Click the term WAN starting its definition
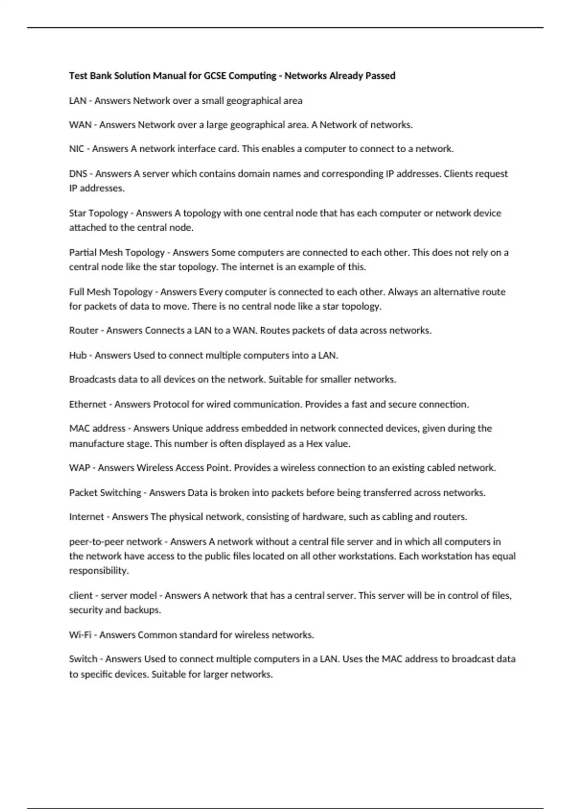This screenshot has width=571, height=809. click(x=80, y=125)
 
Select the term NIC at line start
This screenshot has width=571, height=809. click(x=76, y=149)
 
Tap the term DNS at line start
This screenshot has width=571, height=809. click(x=78, y=174)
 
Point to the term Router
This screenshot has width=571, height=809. click(x=84, y=330)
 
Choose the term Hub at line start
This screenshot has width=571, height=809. click(x=78, y=355)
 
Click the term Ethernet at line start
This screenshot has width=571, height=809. click(x=88, y=404)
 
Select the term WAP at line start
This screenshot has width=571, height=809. click(x=79, y=468)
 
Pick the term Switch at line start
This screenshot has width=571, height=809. click(x=83, y=659)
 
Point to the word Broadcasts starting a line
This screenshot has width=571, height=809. click(x=92, y=379)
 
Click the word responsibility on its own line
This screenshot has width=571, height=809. click(x=98, y=571)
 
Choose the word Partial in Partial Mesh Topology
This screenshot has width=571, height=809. click(x=83, y=252)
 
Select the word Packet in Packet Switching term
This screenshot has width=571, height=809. click(x=83, y=493)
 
